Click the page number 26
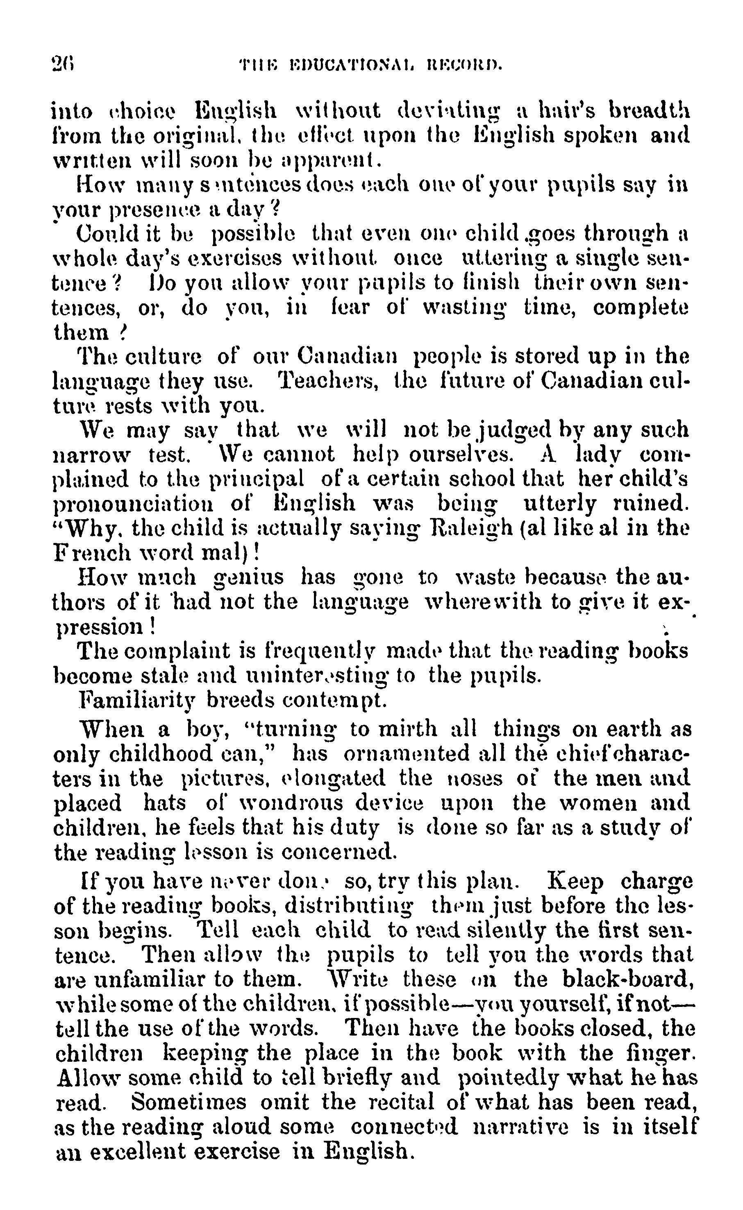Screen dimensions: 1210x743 pyautogui.click(x=62, y=64)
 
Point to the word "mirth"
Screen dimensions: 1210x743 pyautogui.click(x=407, y=729)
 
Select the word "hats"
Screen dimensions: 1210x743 pyautogui.click(x=165, y=803)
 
